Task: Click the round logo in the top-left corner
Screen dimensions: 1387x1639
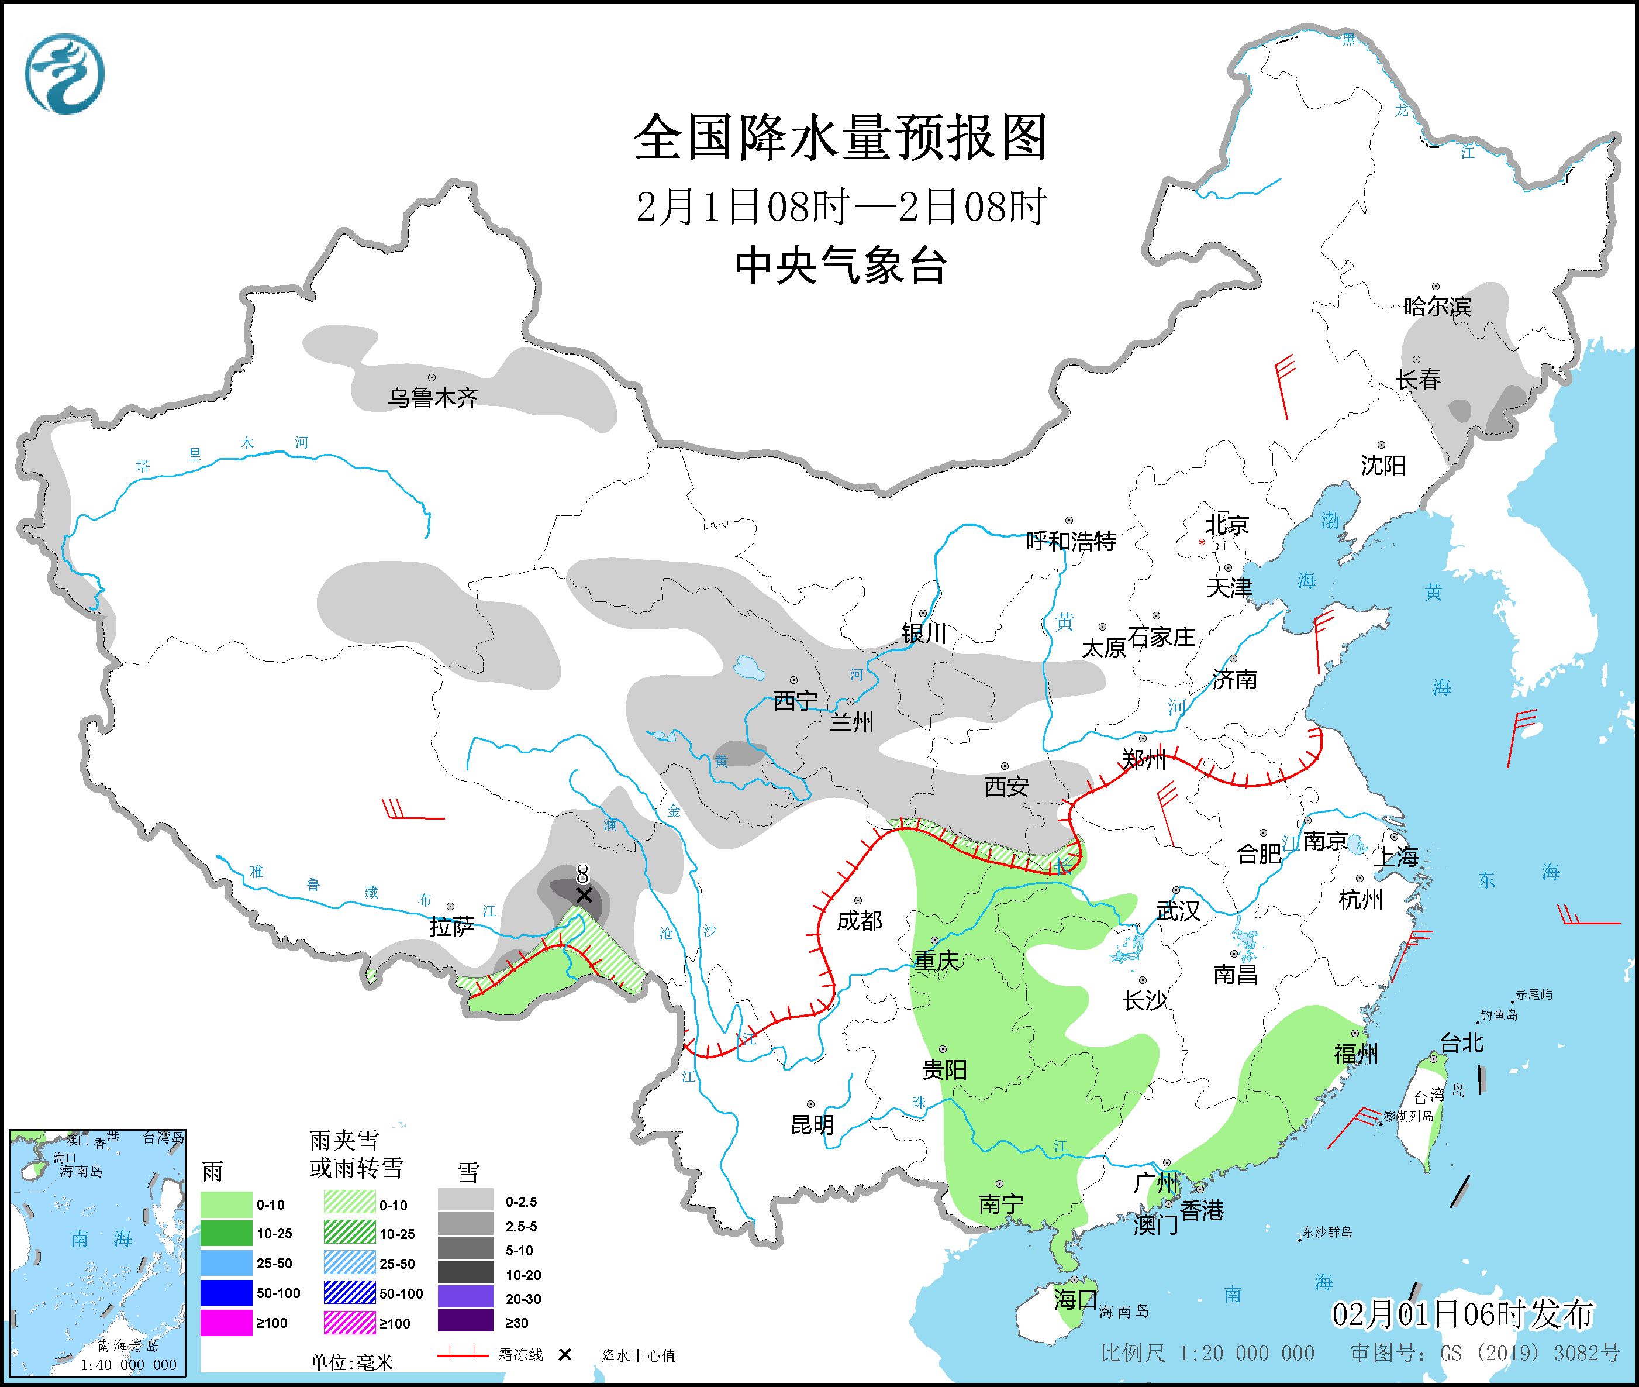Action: (64, 74)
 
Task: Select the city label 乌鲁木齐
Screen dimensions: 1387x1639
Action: (432, 398)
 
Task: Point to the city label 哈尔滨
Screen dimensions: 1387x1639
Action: (1437, 307)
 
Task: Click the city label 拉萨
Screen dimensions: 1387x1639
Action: (452, 927)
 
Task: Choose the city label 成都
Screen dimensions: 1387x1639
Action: (859, 921)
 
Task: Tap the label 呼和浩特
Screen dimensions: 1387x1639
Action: (1071, 541)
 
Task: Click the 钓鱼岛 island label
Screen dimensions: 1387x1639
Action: (1498, 1015)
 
